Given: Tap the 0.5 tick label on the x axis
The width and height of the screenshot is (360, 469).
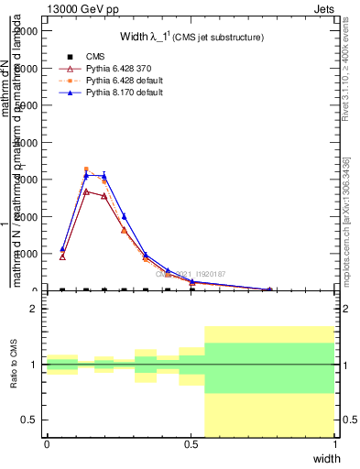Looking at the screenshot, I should (191, 444).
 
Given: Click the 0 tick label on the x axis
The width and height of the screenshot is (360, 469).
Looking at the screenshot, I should (47, 444).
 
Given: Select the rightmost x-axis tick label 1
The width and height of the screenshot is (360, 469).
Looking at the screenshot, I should (335, 444).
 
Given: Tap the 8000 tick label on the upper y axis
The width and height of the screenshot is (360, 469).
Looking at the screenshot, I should (27, 68).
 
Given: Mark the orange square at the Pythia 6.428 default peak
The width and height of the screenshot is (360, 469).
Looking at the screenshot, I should (86, 169).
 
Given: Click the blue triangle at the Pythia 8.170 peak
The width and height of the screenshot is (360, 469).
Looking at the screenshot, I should (86, 175).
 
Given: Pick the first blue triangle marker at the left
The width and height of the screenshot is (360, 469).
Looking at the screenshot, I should (62, 248).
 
